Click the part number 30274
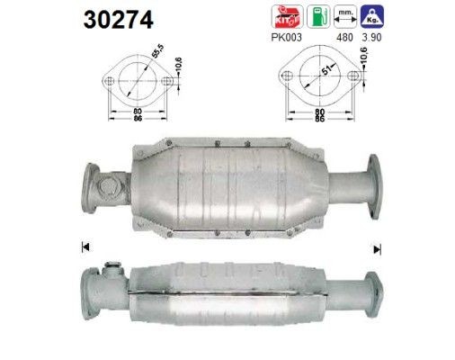(x=119, y=20)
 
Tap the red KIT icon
(x=287, y=16)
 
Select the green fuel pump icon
(x=318, y=16)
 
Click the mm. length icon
(x=345, y=16)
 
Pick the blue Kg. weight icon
(x=372, y=16)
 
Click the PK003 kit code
(x=286, y=38)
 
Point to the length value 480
(x=344, y=38)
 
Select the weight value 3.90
(x=371, y=38)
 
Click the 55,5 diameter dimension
(x=157, y=51)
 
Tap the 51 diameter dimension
(x=326, y=70)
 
